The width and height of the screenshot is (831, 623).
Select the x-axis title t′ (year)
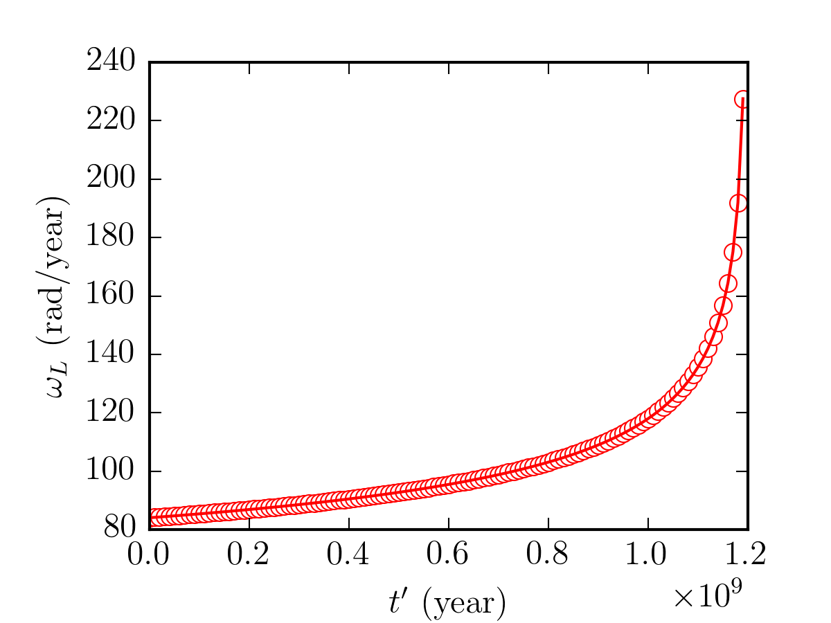click(447, 604)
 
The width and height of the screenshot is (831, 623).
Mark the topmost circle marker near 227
click(742, 99)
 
